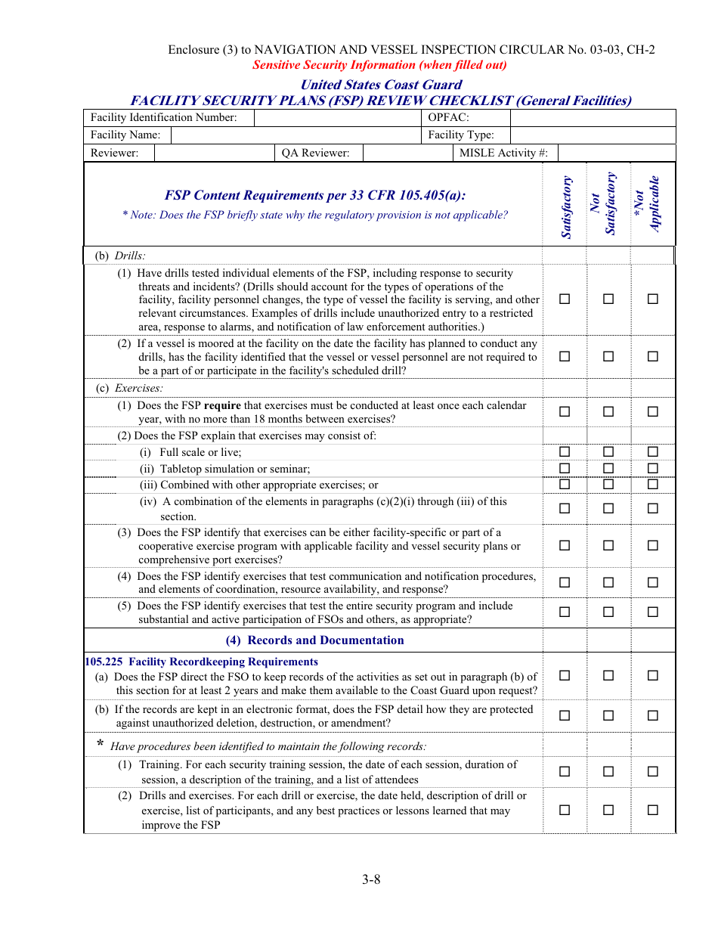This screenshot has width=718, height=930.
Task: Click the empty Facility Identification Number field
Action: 338,118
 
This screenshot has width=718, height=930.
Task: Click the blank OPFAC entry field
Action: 593,118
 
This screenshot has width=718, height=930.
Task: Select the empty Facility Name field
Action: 296,135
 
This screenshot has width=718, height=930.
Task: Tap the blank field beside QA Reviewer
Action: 407,153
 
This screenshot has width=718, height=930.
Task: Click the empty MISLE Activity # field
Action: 616,153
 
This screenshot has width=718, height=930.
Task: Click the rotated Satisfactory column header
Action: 565,206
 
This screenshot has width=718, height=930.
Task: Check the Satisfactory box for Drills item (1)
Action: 565,299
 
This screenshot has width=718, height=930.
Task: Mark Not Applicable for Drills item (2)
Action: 653,357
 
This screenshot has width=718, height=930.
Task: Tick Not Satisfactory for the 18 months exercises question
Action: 608,412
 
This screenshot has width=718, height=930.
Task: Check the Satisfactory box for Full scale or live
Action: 565,452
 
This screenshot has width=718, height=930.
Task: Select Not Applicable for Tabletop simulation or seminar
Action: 653,469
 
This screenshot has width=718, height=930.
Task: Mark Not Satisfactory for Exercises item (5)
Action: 608,612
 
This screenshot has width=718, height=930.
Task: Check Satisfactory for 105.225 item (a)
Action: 565,676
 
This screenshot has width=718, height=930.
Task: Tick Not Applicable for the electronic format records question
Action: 653,715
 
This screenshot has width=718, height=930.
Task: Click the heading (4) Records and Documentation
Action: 314,640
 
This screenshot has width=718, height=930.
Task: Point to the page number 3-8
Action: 370,879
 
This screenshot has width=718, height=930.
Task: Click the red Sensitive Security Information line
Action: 379,65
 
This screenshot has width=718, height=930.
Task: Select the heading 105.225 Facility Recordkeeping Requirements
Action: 202,662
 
